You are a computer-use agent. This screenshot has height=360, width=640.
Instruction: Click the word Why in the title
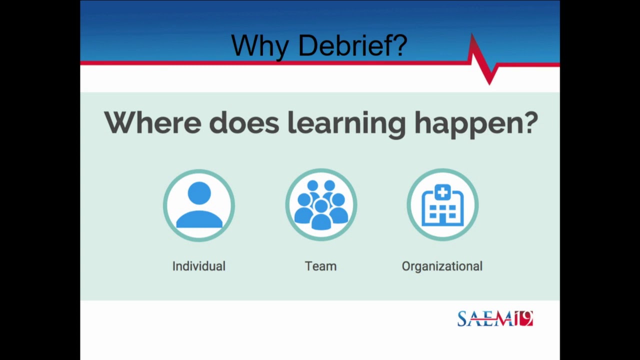[x=259, y=46]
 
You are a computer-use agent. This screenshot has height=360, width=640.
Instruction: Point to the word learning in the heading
[x=346, y=123]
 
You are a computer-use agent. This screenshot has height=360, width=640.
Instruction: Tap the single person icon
[x=199, y=205]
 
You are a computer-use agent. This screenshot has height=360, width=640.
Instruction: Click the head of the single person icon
[x=199, y=193]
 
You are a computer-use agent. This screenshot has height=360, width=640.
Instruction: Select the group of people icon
[x=321, y=205]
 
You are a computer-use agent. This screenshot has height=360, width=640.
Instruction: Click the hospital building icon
[x=442, y=205]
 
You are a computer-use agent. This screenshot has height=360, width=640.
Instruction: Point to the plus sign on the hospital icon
[x=442, y=191]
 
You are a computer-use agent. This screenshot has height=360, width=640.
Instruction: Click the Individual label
[x=198, y=266]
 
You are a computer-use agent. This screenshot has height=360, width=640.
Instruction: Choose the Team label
[x=320, y=266]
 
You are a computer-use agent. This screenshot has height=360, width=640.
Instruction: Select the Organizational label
[x=442, y=266]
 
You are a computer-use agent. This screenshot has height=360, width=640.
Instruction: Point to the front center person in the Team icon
[x=321, y=215]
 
